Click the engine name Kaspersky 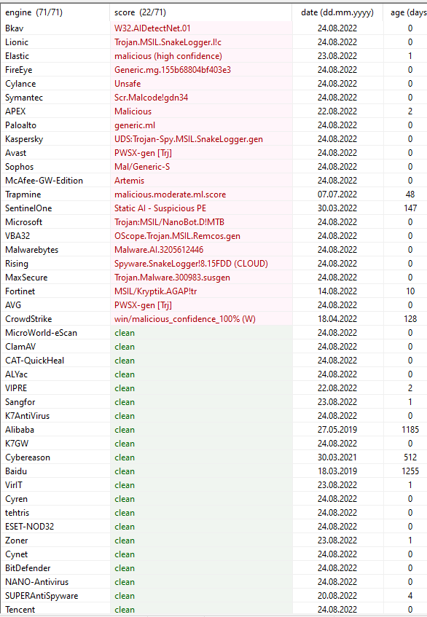pos(24,139)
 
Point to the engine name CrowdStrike pos(28,319)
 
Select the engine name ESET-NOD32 pos(29,527)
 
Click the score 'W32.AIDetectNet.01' pos(152,28)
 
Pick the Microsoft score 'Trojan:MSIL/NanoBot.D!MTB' pos(167,222)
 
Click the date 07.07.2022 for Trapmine pos(337,194)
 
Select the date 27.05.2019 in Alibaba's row pos(337,430)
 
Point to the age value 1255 pos(410,471)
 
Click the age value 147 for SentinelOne pos(410,208)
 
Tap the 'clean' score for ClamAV pos(125,347)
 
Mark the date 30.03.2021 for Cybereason pos(337,457)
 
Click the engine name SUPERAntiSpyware pos(42,596)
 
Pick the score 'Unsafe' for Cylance pos(126,84)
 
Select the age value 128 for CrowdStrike pos(410,319)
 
